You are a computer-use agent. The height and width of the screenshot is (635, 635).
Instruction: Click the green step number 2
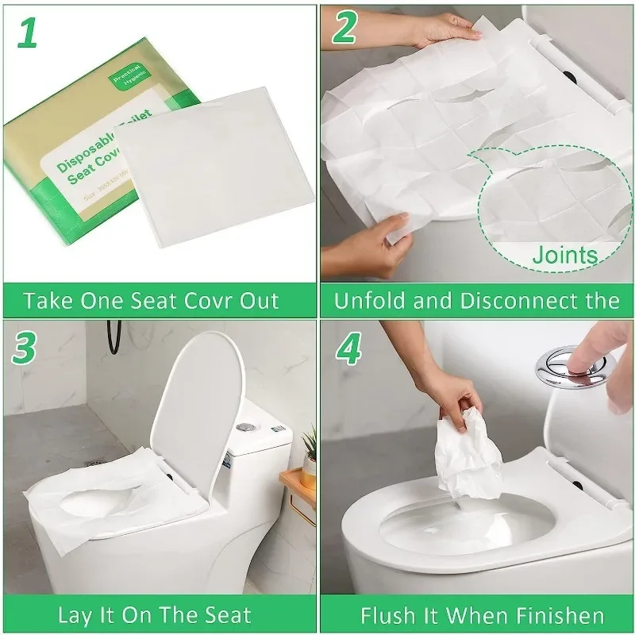pos(344,29)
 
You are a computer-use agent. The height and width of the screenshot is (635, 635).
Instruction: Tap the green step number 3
pos(27,349)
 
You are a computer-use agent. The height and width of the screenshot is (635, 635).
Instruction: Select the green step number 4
pos(349,349)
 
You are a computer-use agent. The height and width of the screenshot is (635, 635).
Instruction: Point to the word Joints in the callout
pos(564,256)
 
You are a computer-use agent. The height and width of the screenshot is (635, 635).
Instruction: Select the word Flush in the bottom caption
pos(386,615)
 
